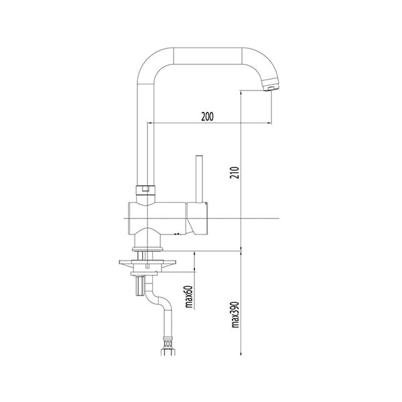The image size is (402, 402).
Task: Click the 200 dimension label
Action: [x=207, y=117]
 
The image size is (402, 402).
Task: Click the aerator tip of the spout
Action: [x=271, y=86]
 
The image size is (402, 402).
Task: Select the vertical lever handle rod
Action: [x=199, y=178]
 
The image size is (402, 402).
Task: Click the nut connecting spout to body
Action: [x=145, y=190]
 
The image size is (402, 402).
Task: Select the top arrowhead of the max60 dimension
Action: [x=195, y=255]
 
